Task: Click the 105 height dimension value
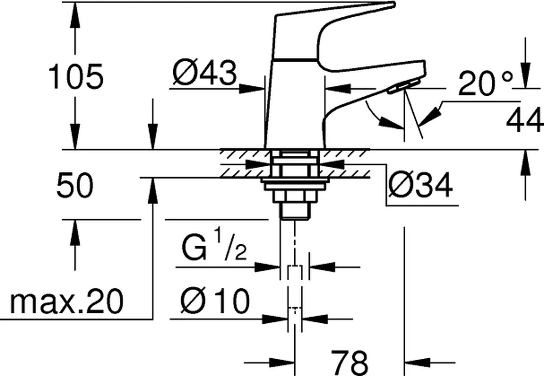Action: tap(76, 76)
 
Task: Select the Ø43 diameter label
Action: tap(205, 74)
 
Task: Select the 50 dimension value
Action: tap(75, 186)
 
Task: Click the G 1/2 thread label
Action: tap(214, 247)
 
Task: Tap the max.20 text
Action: tap(66, 302)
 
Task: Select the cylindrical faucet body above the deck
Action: tap(295, 104)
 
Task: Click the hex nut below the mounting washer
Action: tap(295, 196)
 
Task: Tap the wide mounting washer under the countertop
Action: tap(295, 183)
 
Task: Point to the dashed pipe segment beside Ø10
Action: tap(295, 318)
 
